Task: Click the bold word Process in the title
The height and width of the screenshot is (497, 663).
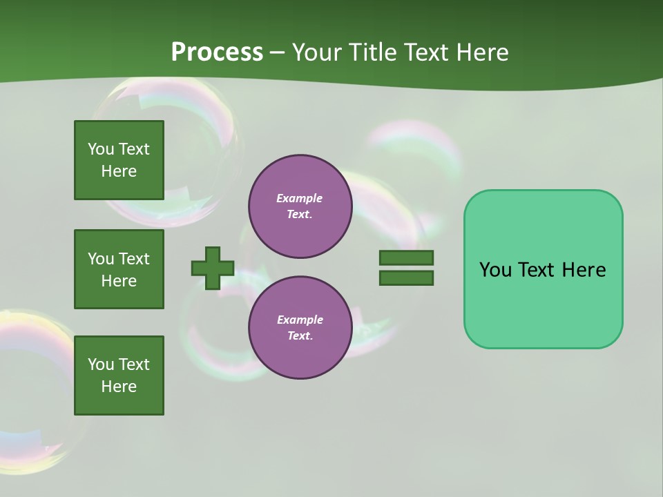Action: [217, 52]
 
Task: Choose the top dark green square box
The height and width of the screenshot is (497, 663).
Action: [119, 160]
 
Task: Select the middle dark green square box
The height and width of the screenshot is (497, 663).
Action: [119, 269]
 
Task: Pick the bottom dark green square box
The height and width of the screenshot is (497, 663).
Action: [119, 375]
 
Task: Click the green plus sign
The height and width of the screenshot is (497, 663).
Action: [213, 268]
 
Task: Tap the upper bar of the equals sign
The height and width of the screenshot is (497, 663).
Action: [406, 257]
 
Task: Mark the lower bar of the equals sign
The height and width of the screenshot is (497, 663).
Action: [406, 278]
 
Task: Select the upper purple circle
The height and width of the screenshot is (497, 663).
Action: [300, 206]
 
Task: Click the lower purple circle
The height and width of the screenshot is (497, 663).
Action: [300, 328]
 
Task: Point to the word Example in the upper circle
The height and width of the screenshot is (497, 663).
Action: [300, 198]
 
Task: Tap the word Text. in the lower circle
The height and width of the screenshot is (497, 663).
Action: [300, 335]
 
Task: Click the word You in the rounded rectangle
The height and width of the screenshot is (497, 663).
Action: [495, 270]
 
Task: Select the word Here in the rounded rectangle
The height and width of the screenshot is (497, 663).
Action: [584, 270]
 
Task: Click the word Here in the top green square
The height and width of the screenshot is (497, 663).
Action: [119, 171]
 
